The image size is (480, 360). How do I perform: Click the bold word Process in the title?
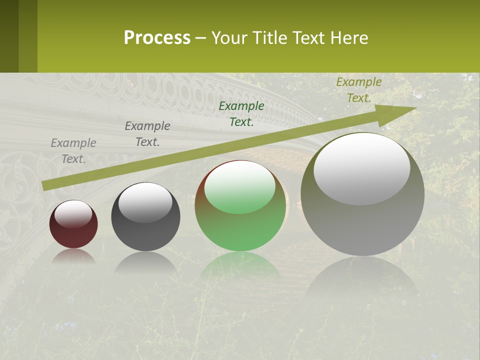[x=157, y=38]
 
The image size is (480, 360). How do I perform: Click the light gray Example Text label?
[x=73, y=151]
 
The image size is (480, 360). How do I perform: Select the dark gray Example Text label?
[x=147, y=134]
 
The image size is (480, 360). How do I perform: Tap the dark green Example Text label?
[x=241, y=114]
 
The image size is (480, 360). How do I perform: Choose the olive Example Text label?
[x=359, y=90]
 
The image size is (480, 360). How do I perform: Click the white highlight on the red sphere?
[x=73, y=214]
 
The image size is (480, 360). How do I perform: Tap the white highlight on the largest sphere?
[x=361, y=168]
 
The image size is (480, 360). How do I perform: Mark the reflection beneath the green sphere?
[x=240, y=265]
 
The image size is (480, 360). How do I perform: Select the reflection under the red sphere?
[x=73, y=256]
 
